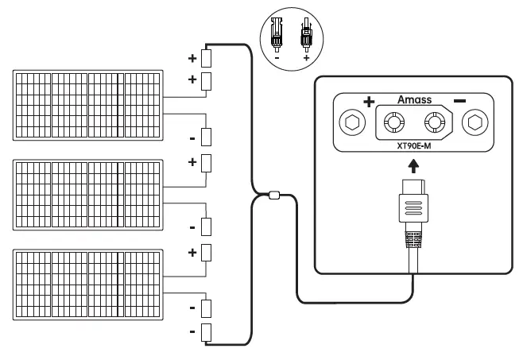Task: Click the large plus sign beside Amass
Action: (x=368, y=103)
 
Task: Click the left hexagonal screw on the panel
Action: (x=351, y=124)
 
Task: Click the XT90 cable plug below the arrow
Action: (x=413, y=208)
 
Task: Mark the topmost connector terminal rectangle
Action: (x=207, y=58)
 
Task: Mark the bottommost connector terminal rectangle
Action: (x=207, y=331)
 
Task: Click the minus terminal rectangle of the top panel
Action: (x=207, y=137)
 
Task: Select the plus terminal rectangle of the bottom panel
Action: (x=207, y=252)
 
